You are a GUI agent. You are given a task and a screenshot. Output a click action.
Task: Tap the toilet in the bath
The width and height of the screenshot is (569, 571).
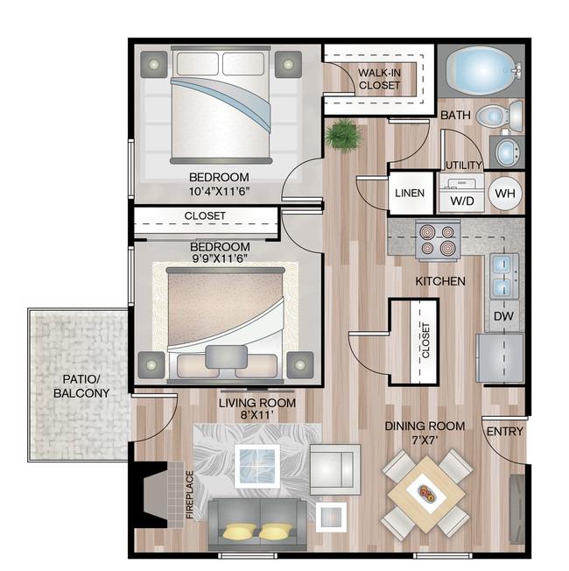[499, 116]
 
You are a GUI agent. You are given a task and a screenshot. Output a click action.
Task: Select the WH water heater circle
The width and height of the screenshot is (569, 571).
[505, 194]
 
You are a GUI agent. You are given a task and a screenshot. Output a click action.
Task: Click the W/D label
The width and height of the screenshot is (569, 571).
[462, 201]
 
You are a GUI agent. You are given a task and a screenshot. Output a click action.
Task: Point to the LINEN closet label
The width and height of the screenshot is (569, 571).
[410, 193]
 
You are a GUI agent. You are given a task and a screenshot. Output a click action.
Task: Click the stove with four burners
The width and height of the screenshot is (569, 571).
[438, 240]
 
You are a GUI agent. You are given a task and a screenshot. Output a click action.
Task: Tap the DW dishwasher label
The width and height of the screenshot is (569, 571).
[503, 316]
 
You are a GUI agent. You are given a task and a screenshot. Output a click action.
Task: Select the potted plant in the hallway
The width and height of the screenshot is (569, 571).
[343, 135]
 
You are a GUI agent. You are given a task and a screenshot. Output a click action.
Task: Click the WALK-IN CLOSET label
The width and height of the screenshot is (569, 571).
[379, 79]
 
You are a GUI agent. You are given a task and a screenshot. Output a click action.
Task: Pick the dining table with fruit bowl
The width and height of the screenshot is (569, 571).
[426, 493]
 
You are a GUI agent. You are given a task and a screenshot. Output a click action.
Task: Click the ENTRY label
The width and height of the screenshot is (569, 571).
[504, 432]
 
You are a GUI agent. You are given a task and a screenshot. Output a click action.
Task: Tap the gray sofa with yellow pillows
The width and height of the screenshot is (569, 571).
[257, 525]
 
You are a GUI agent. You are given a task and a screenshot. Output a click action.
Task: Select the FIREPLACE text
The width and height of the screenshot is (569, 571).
[189, 495]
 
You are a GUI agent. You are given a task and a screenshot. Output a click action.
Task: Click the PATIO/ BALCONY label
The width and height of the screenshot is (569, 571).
[81, 386]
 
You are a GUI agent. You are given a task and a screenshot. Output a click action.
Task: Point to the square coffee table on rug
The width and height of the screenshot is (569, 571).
[257, 466]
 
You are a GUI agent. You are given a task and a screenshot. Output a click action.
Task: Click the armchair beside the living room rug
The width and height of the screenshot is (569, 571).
[335, 469]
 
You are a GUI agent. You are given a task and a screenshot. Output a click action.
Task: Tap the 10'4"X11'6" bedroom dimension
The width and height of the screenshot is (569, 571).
[219, 191]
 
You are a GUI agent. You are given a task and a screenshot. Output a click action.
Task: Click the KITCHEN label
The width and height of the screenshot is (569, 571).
[440, 281]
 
